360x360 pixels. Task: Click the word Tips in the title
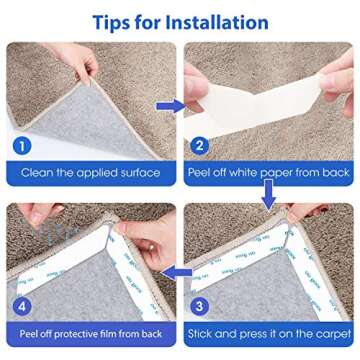click(x=114, y=21)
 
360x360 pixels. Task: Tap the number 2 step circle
click(x=200, y=145)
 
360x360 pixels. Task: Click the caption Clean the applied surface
click(x=90, y=173)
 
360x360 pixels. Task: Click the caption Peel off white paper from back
click(x=270, y=173)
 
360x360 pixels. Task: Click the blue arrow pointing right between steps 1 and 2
click(x=171, y=104)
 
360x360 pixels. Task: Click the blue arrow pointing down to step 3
click(x=269, y=199)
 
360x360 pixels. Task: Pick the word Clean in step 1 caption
click(x=39, y=173)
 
